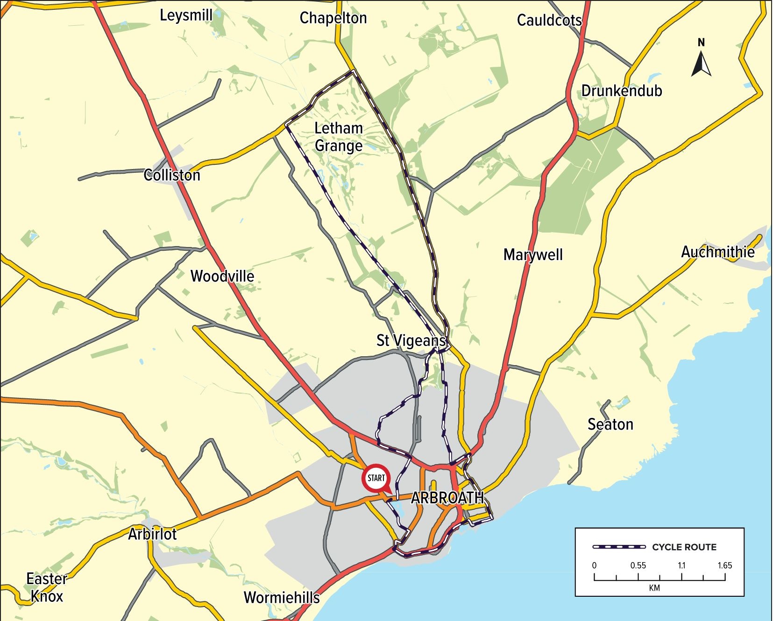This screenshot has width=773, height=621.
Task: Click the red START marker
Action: (376, 478)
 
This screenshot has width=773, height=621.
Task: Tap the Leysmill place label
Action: (186, 15)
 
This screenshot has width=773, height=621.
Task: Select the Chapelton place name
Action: (333, 18)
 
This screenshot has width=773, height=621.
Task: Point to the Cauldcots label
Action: (549, 21)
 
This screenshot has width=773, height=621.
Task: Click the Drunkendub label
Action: (621, 91)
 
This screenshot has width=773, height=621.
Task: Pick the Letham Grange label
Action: (339, 137)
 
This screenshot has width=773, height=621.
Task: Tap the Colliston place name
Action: (172, 175)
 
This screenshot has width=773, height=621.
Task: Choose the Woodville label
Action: (222, 276)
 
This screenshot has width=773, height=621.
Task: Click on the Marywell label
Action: (533, 255)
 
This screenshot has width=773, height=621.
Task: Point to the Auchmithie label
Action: (717, 252)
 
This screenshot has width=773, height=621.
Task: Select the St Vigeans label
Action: (411, 340)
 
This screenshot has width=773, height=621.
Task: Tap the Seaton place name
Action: (610, 424)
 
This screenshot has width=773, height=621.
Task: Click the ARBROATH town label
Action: (447, 498)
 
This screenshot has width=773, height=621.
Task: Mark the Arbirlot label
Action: (152, 534)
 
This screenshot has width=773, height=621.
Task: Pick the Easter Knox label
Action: (47, 587)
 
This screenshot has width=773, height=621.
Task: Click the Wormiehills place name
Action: (282, 598)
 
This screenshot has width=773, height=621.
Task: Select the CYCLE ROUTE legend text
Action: (684, 547)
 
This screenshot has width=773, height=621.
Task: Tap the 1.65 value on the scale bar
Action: (724, 565)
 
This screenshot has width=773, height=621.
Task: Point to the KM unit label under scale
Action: (654, 588)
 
